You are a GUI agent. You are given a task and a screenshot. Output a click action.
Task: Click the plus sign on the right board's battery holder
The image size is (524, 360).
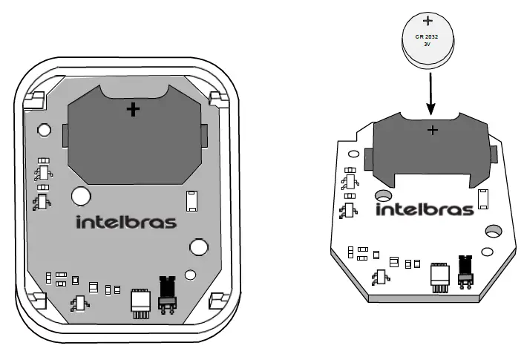point(433,131)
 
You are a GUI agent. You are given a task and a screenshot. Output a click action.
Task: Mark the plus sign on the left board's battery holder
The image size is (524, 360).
point(133,110)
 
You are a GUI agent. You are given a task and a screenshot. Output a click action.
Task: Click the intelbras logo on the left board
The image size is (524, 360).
point(126,221)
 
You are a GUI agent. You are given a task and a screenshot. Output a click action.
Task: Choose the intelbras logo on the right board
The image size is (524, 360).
point(425,209)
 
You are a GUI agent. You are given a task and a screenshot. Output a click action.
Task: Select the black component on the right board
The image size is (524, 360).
point(466,269)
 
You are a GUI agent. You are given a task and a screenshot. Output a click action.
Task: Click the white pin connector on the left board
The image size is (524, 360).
point(139,302)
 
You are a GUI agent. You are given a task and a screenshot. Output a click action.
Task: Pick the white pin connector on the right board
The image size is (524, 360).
point(439,275)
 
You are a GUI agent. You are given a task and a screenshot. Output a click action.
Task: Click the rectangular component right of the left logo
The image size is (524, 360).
point(190,200)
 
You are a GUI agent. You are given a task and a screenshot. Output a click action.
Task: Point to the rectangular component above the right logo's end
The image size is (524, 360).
point(482,197)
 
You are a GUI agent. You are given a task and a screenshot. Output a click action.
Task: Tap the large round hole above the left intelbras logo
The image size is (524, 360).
point(80,196)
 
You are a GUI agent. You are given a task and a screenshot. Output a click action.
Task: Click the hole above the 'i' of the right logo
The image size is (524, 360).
point(384,195)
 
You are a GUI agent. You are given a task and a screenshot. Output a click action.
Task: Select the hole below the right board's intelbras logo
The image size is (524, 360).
point(492,231)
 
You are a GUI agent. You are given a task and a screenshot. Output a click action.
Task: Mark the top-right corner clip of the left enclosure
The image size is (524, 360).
point(217,99)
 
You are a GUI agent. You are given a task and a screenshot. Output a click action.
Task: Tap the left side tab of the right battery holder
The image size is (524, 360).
point(368,157)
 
